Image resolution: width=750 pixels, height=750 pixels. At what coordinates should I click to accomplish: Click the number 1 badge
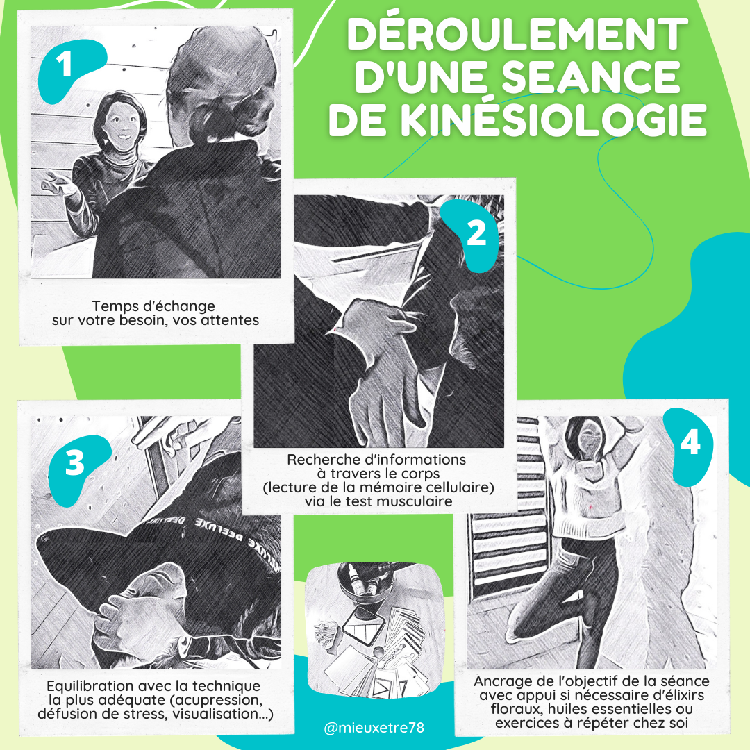click(x=67, y=67)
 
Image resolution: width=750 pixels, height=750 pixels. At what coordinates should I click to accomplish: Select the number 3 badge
click(x=75, y=464)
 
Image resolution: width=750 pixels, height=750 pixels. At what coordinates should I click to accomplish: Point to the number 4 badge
click(x=689, y=444)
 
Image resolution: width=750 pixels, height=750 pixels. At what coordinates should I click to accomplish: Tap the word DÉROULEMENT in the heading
click(x=517, y=33)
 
